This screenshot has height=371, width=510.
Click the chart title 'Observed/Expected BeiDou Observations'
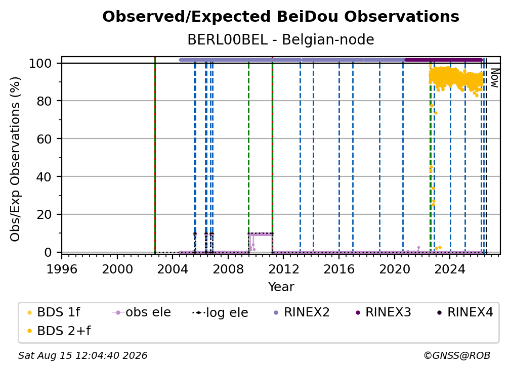(x=281, y=17)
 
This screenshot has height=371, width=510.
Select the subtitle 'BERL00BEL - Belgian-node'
(x=281, y=39)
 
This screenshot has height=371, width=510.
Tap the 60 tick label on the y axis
(x=44, y=138)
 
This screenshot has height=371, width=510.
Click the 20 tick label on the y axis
(x=44, y=214)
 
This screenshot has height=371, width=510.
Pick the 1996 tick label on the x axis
(x=62, y=269)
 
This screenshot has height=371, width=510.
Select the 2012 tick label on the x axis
(x=283, y=269)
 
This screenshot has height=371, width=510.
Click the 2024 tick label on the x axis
(x=450, y=269)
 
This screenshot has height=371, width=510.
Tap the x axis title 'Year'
(x=281, y=287)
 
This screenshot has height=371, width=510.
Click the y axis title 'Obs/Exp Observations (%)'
(x=15, y=159)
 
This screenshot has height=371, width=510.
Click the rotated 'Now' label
(x=494, y=78)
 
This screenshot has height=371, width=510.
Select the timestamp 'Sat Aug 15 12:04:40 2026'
(x=82, y=355)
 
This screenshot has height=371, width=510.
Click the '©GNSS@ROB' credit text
(x=457, y=355)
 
